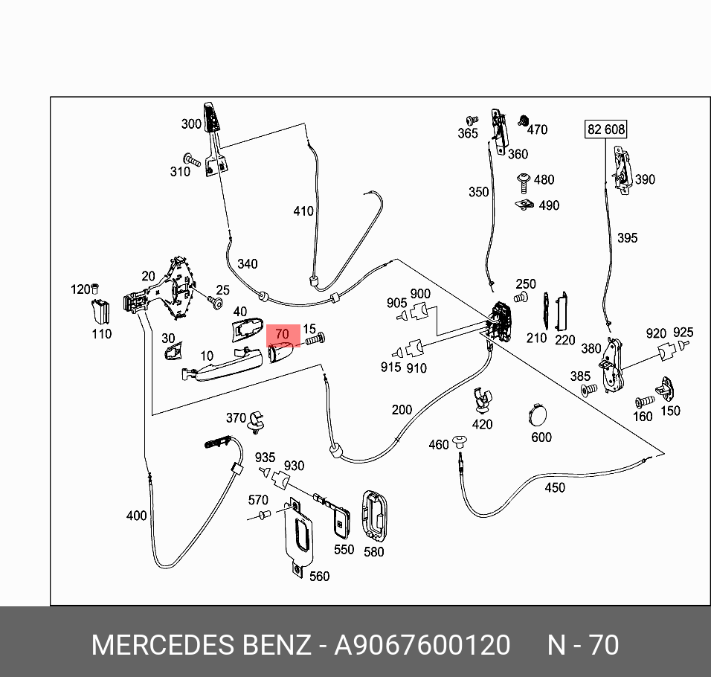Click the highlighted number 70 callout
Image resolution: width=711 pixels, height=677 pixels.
tap(283, 335)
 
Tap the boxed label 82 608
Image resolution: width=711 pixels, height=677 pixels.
tap(606, 129)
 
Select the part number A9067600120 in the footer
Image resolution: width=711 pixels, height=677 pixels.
tap(422, 645)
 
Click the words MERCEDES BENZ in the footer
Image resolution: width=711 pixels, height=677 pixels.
tap(200, 645)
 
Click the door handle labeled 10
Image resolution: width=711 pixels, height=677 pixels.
tap(224, 366)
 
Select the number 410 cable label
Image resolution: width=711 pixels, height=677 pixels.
tap(303, 211)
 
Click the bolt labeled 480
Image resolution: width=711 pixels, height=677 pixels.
tap(522, 180)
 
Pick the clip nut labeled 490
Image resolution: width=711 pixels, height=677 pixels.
tap(524, 203)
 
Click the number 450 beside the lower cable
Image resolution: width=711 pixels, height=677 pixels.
tap(555, 488)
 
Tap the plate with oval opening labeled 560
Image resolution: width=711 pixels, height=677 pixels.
tap(300, 538)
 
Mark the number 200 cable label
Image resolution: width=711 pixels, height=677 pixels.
tap(402, 410)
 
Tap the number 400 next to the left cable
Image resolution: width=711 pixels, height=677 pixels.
tap(137, 515)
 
